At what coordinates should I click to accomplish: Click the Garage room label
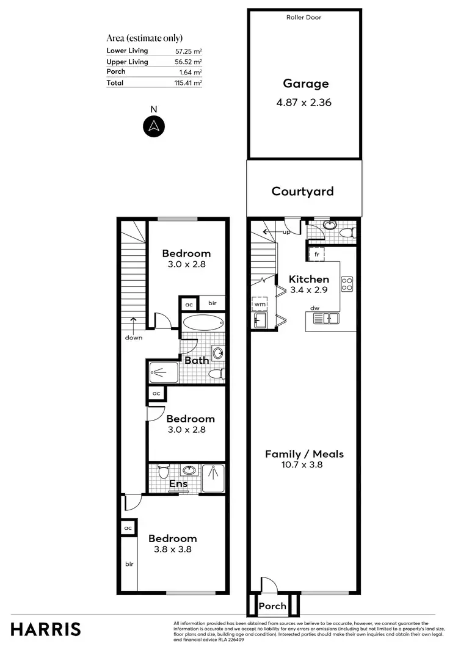tap(305, 84)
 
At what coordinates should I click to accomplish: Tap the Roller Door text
tap(304, 18)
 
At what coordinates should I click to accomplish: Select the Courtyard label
tap(303, 192)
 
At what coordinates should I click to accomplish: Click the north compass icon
tap(154, 126)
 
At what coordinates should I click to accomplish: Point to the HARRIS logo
tap(45, 629)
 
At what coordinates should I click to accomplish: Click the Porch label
tap(272, 606)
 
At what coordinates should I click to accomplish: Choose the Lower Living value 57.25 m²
tap(188, 51)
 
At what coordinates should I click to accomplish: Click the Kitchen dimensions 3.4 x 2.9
tap(309, 291)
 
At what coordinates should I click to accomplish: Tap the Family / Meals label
tap(304, 454)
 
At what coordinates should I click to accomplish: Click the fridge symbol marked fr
tap(317, 254)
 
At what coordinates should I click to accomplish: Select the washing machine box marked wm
tap(260, 303)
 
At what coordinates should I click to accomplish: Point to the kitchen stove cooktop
tap(347, 284)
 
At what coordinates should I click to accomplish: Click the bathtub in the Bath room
tap(203, 323)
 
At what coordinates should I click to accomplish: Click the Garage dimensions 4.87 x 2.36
tap(304, 103)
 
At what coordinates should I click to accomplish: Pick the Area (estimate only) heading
tap(144, 38)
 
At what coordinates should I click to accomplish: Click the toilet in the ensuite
tap(163, 472)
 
